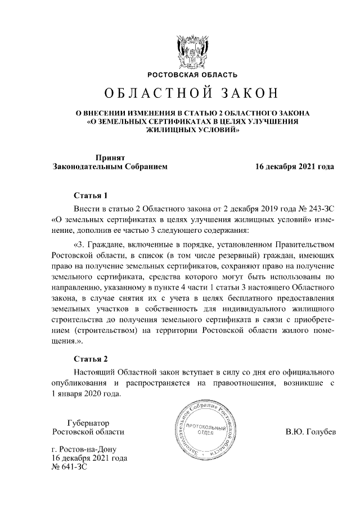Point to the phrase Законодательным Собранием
click(x=110, y=167)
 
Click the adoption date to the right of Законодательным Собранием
click(x=295, y=167)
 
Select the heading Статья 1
click(x=91, y=196)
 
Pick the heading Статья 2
click(x=91, y=358)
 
